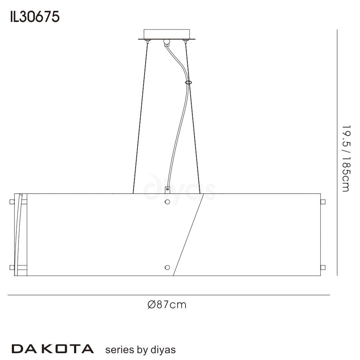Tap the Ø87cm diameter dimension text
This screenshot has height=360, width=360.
coord(167,305)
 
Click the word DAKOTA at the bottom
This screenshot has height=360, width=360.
coord(53,348)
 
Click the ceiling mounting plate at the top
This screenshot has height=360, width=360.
coord(166,35)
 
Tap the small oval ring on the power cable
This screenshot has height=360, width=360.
coord(188,82)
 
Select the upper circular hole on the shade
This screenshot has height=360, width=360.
coord(167,202)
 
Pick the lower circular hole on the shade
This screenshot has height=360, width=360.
coord(167,267)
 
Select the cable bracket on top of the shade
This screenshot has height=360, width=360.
coord(167,190)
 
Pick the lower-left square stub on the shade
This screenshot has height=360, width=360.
coord(12,268)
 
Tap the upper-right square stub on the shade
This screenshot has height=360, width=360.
coord(323,202)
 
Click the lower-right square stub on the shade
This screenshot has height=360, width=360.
coord(323,268)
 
